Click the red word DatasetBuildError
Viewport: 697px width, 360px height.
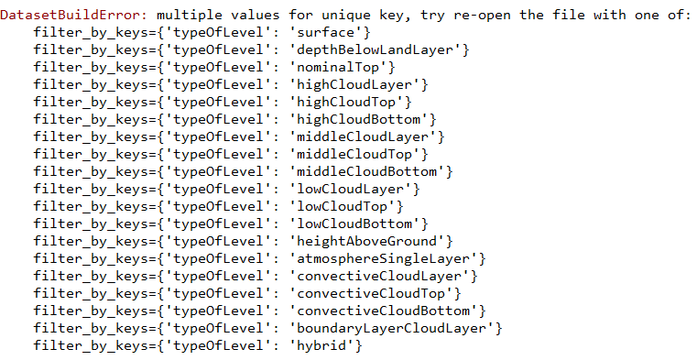coord(74,15)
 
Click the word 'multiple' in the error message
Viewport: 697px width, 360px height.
coord(190,16)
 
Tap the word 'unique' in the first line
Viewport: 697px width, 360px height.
coord(346,16)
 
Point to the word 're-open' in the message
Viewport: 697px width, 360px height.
coord(481,16)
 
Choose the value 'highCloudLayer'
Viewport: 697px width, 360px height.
coord(354,84)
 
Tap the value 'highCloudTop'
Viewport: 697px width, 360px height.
coord(346,102)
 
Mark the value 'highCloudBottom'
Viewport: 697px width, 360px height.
coord(358,119)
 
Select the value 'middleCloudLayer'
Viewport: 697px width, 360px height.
coord(363,136)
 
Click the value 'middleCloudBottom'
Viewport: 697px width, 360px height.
coord(366,171)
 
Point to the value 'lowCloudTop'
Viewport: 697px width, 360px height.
coord(342,206)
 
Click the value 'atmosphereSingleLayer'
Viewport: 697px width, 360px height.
coord(383,258)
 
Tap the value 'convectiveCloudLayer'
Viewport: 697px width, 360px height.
coord(379,276)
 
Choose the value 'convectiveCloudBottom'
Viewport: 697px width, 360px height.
coord(383,311)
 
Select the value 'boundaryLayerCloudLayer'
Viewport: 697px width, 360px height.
coord(391,329)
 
